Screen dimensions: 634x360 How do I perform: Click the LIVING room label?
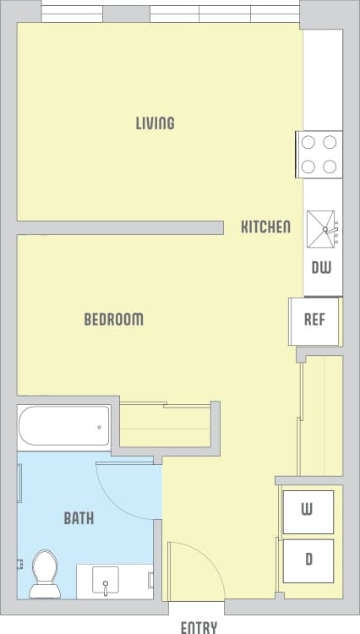click(x=155, y=123)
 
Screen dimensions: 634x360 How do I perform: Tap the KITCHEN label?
click(x=266, y=227)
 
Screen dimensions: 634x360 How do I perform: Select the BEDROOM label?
click(x=113, y=320)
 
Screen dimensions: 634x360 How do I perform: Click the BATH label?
click(x=79, y=518)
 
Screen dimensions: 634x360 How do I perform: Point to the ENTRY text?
click(x=199, y=627)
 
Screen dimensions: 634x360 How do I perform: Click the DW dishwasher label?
click(x=321, y=268)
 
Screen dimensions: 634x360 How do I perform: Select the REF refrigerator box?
click(x=314, y=320)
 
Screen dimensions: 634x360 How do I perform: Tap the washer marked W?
click(x=308, y=511)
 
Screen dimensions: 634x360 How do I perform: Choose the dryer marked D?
click(x=308, y=560)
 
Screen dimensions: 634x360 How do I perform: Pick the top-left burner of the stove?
click(x=308, y=143)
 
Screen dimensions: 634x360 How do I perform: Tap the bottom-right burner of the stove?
click(x=330, y=166)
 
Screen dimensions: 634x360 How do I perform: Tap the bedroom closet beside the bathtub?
click(x=165, y=426)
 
